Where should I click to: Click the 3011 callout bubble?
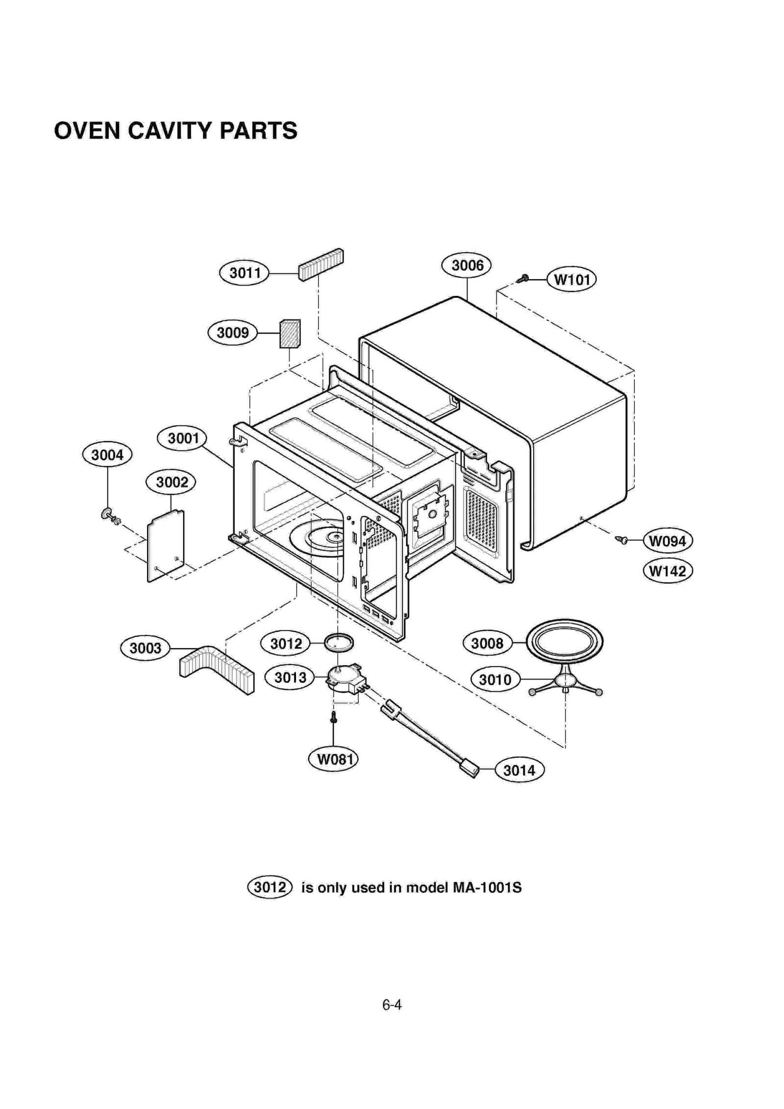pos(244,273)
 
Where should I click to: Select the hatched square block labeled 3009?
pos(290,334)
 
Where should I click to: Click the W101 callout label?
pos(571,280)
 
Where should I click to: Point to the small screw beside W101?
pos(523,279)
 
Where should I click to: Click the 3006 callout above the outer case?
pos(466,265)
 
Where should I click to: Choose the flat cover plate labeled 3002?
pos(166,546)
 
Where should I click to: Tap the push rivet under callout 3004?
pos(109,515)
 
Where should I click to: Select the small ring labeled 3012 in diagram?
pos(338,641)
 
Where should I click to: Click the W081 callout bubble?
pos(333,759)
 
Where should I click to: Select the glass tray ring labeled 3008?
pos(564,641)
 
